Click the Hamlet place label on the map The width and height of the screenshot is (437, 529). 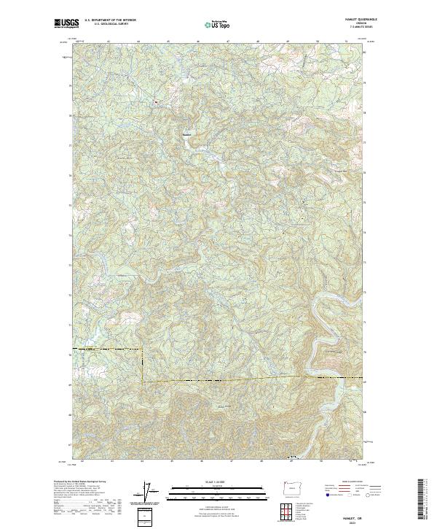(x=186, y=133)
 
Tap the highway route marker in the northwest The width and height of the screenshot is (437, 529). (x=156, y=101)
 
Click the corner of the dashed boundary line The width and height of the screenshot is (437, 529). (x=142, y=381)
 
